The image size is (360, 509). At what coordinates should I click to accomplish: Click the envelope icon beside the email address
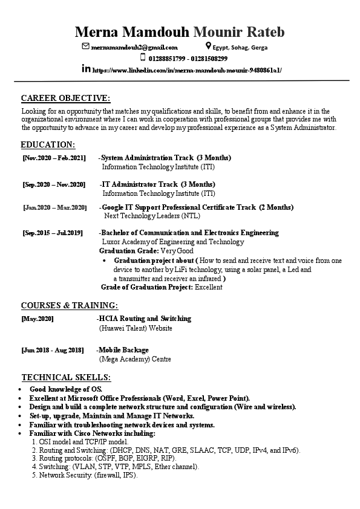(85, 47)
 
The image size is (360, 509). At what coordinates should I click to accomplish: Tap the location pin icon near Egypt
(208, 47)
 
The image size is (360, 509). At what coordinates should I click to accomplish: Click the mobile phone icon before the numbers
(143, 58)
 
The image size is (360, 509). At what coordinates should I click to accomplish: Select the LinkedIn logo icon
(86, 70)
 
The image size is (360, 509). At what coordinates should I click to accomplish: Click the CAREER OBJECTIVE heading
(65, 98)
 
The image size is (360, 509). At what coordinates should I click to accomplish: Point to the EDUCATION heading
(48, 144)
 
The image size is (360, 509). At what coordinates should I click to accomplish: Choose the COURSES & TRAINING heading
(69, 305)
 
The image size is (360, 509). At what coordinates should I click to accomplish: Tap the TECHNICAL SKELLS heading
(66, 377)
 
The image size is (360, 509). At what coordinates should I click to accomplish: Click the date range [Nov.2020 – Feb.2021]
(54, 158)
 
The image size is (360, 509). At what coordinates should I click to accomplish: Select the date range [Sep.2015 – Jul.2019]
(52, 233)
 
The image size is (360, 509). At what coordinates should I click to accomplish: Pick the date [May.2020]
(38, 319)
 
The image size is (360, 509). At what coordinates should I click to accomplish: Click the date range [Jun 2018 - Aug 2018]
(53, 350)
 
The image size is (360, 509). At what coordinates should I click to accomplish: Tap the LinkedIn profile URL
(187, 70)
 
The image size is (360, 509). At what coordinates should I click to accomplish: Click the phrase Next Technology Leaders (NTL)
(151, 215)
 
